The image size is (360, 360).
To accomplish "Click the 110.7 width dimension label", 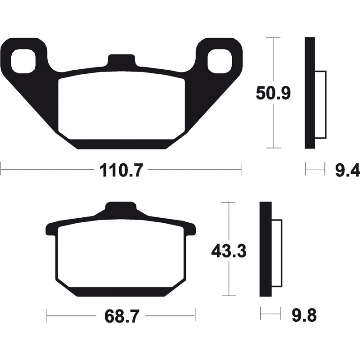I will click(121, 171).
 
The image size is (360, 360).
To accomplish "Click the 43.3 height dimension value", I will click(229, 251).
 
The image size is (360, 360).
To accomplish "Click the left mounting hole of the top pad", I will click(23, 62).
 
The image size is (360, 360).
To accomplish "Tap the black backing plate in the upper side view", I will click(310, 93).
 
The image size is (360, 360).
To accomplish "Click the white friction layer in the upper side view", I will click(319, 105).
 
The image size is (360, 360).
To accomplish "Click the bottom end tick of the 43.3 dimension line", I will click(229, 296).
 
